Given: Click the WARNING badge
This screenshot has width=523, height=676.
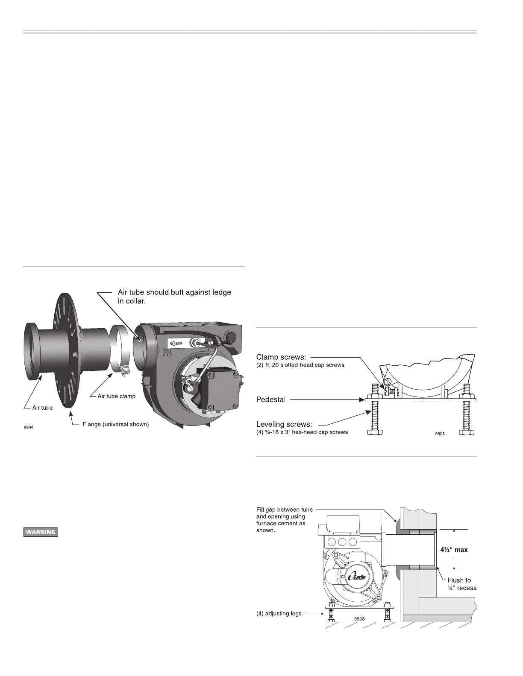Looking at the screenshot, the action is pos(40,532).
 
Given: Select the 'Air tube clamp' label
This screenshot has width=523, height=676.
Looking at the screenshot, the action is pos(117,396).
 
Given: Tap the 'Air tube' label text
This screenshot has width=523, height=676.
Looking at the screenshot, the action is pos(43,408).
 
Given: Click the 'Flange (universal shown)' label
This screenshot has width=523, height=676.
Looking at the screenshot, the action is pos(115,425).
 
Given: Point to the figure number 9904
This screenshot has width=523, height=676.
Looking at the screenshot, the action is pos(28,428).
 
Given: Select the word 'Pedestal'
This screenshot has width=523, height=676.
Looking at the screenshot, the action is pos(271,400).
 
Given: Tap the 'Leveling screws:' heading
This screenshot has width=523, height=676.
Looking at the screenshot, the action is pos(284,425).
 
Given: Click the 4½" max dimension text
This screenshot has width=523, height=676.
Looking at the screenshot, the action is pos(454,550).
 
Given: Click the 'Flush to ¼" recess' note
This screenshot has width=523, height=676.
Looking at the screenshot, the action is pos(461,584).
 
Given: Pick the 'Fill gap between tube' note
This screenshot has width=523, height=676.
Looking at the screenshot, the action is pos(285,510).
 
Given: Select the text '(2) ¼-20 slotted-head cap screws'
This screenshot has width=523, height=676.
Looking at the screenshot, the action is pos(300,365).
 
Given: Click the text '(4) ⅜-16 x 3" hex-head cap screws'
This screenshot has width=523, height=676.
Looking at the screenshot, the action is pos(302,432).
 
